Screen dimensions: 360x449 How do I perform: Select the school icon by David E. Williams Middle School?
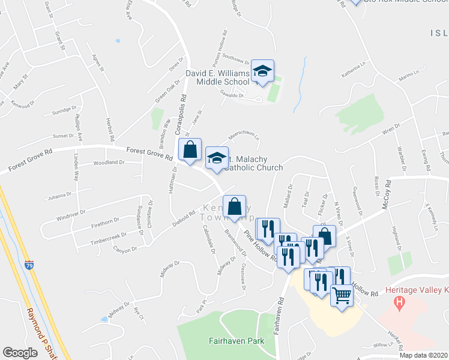click(x=262, y=72)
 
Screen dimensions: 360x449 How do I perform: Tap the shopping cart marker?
click(x=342, y=295)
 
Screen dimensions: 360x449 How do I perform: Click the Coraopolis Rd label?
click(x=179, y=114)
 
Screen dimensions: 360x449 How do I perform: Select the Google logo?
click(x=19, y=353)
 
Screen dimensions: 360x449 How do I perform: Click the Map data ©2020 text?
click(x=423, y=355)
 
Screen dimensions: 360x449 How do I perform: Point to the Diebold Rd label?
click(x=184, y=214)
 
